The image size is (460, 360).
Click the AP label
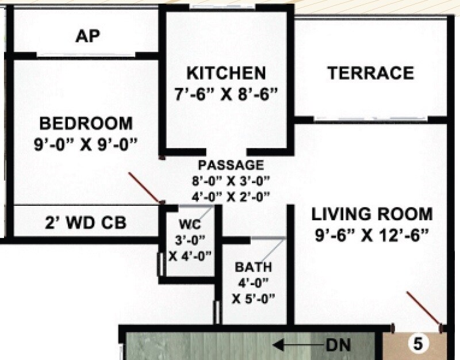click(87, 37)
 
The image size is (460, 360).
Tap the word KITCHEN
click(227, 74)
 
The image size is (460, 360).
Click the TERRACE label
click(370, 74)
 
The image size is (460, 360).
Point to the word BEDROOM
click(86, 123)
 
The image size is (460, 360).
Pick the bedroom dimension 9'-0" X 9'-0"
click(86, 143)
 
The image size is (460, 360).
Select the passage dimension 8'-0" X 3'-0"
click(231, 181)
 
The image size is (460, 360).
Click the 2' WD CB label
click(86, 222)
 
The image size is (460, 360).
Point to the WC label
click(187, 223)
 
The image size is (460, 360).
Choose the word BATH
click(253, 268)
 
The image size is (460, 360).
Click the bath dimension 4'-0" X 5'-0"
click(253, 290)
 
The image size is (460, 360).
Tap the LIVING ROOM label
click(371, 215)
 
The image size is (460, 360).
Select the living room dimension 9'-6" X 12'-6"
click(371, 236)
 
